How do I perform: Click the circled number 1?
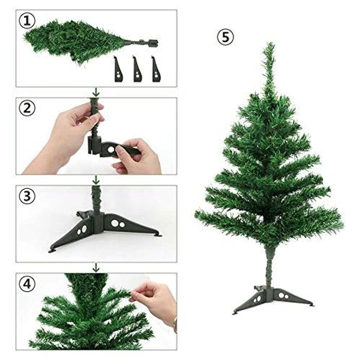pyautogui.click(x=25, y=21)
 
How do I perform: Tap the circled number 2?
pyautogui.click(x=25, y=109)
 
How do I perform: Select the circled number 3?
pyautogui.click(x=25, y=196)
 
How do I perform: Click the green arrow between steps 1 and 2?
pyautogui.click(x=95, y=92)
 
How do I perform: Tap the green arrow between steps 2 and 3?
pyautogui.click(x=95, y=179)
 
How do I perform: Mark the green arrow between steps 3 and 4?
pyautogui.click(x=95, y=267)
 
